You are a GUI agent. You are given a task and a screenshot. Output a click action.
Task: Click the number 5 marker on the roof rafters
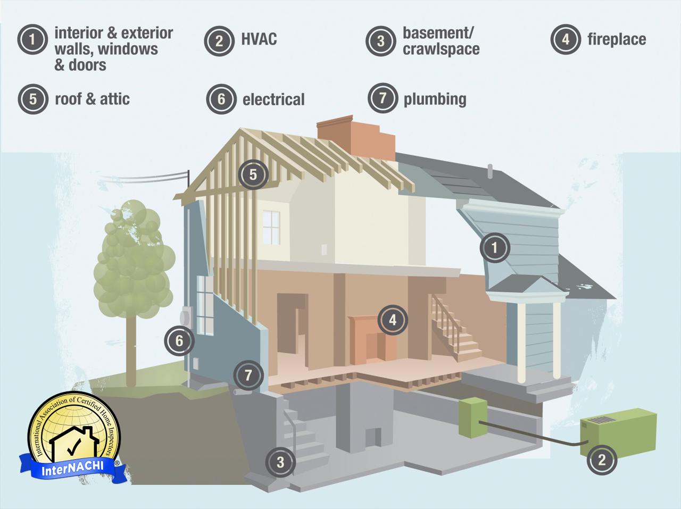click(x=253, y=174)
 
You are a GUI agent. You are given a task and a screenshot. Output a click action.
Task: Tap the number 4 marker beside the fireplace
click(x=393, y=320)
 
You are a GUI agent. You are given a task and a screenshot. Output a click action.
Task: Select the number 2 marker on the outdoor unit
click(x=602, y=460)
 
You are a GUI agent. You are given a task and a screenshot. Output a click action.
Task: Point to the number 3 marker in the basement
click(x=280, y=462)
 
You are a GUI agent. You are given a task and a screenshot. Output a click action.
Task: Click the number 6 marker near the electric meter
click(x=179, y=340)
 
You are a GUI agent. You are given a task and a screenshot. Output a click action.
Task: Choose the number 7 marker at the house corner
click(x=248, y=375)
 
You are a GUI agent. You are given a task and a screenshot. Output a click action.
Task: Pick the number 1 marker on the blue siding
click(x=495, y=247)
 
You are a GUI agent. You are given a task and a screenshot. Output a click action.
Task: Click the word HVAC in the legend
click(x=259, y=39)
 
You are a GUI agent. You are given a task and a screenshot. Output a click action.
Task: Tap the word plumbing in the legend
click(x=435, y=99)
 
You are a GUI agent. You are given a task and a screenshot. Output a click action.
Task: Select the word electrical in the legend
click(x=273, y=99)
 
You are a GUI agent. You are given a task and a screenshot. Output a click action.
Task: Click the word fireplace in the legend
click(x=617, y=39)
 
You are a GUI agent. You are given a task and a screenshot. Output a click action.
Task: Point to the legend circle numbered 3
click(x=381, y=41)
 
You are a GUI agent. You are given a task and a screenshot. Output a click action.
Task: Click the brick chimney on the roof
click(x=356, y=137)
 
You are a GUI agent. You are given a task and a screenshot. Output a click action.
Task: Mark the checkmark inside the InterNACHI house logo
click(x=74, y=447)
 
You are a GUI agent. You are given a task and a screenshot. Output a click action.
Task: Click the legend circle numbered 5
click(x=33, y=99)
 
